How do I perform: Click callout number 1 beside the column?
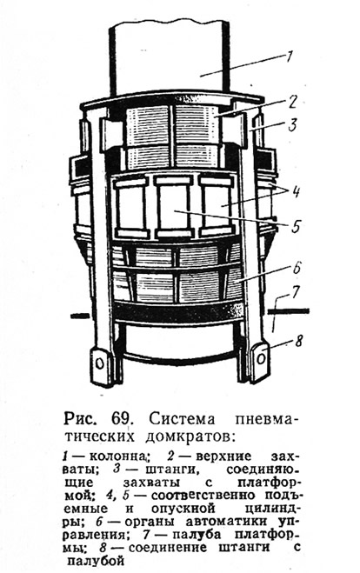click(x=289, y=57)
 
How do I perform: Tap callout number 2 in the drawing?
click(x=290, y=101)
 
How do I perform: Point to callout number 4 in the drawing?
click(x=295, y=191)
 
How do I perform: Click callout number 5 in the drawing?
click(x=296, y=226)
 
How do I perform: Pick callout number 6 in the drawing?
click(x=297, y=268)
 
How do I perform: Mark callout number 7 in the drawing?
click(x=296, y=292)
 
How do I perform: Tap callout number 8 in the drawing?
click(x=299, y=341)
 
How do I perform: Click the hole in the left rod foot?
click(x=98, y=363)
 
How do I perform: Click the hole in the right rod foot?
click(x=261, y=358)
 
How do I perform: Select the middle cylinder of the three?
click(x=173, y=207)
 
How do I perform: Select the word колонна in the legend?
click(x=118, y=456)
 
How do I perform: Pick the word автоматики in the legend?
click(x=224, y=520)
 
